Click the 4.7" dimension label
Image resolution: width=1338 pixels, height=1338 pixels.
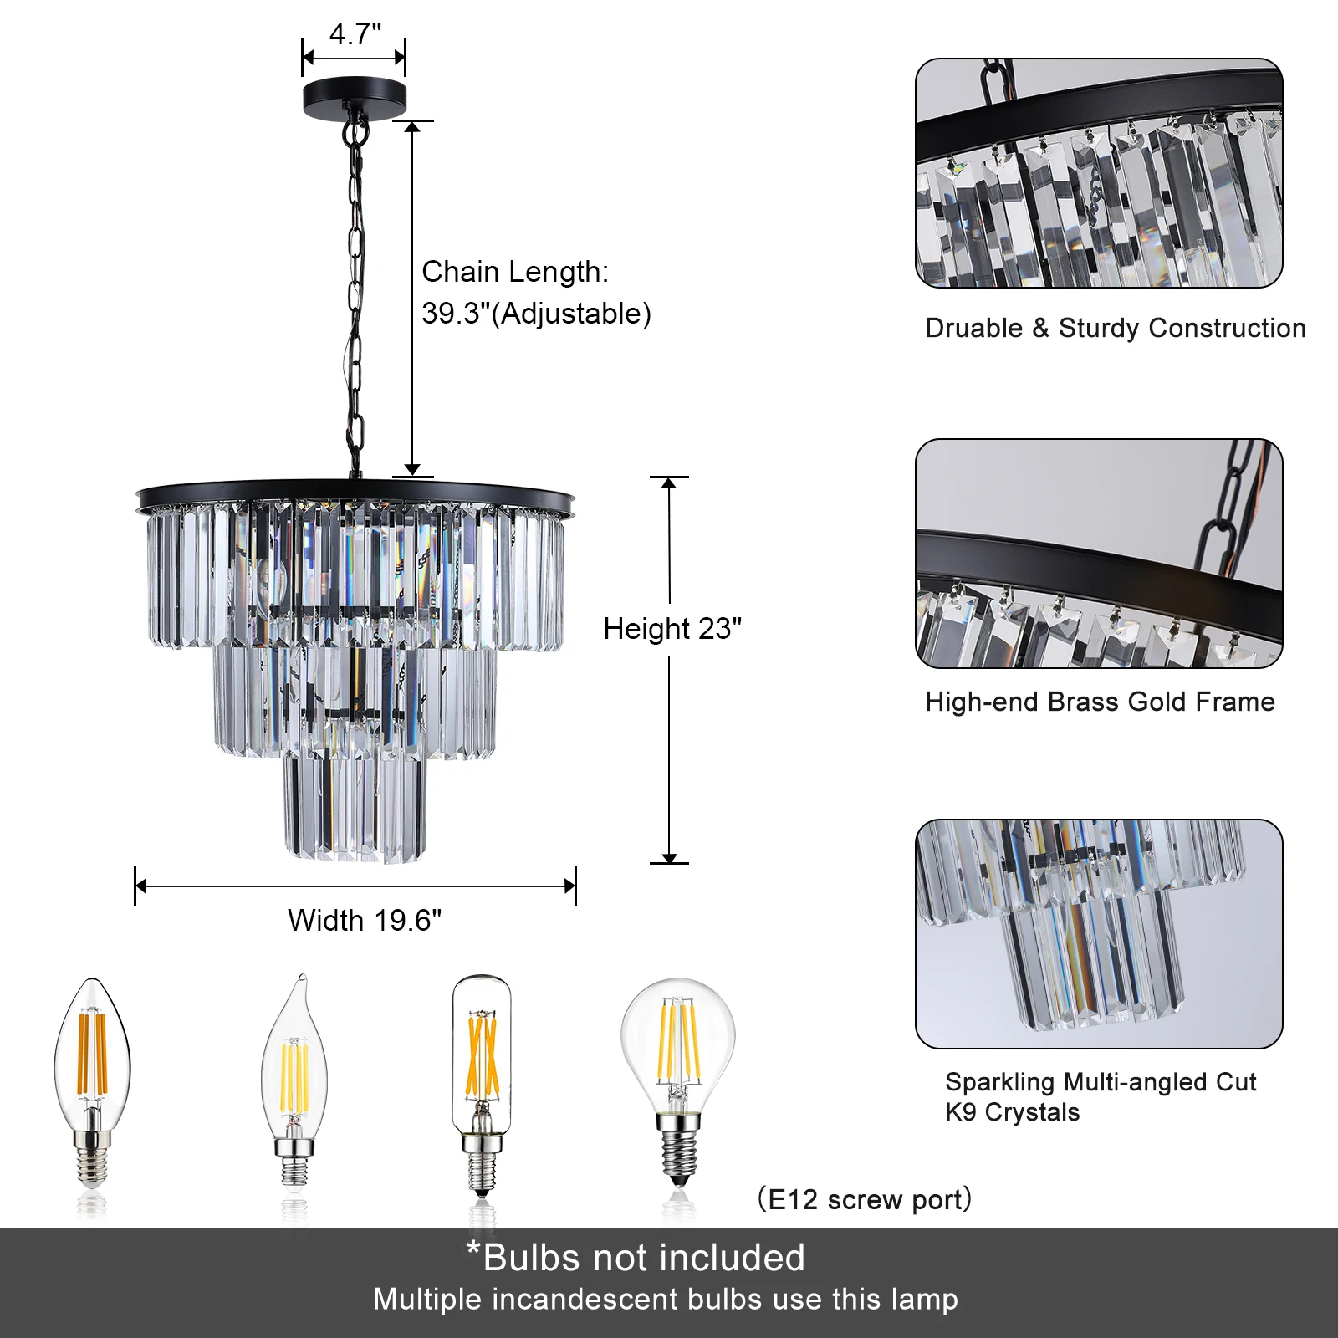pos(355,34)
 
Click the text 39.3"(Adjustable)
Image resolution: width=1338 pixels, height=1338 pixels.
pos(536,314)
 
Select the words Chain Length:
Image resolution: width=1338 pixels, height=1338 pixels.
pos(515,272)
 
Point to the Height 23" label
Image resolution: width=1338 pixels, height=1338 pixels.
pos(672,629)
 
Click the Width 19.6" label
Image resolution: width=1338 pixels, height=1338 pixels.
pos(365,921)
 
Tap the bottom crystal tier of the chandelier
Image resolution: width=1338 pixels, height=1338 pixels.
pos(355,808)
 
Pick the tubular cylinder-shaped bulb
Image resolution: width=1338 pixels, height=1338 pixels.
pos(482,1079)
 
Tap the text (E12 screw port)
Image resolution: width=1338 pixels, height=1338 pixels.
pos(865,1199)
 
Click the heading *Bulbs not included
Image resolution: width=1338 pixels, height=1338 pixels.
pos(636,1258)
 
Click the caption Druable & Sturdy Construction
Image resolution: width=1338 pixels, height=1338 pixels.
pos(1115,328)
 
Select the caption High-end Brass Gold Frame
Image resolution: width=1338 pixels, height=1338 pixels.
pos(1100,702)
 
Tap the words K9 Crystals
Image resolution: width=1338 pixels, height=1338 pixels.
pos(1012,1112)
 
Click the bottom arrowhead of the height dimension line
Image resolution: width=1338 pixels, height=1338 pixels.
pos(669,858)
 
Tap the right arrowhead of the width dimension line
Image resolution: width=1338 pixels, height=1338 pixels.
pos(570,886)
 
